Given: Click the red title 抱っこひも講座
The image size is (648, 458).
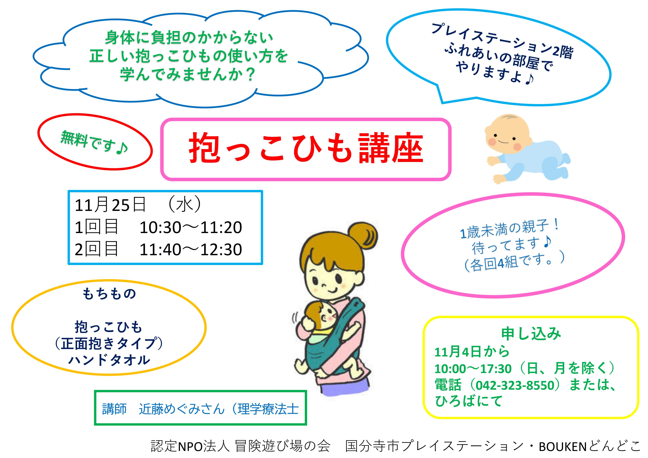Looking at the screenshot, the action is click(306, 148).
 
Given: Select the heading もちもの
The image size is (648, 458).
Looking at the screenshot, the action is click(109, 294).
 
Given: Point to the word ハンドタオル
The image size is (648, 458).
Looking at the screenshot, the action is click(109, 360).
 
